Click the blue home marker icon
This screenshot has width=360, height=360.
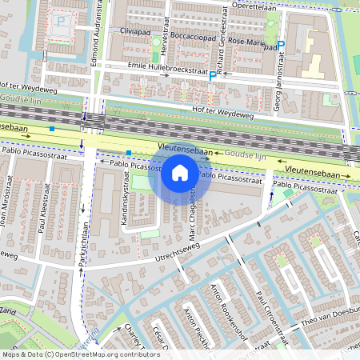(180, 173)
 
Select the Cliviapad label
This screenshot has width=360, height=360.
(135, 31)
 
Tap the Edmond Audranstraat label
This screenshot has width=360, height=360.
(99, 32)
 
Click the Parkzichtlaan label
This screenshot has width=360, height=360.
(82, 256)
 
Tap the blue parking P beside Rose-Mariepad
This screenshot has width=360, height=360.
(281, 46)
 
